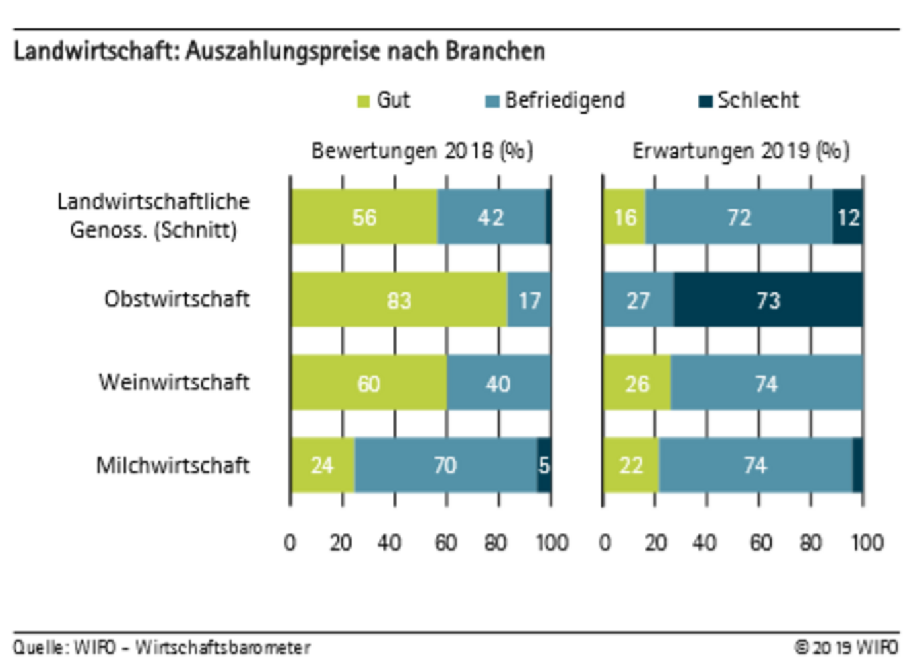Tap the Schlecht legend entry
click(750, 100)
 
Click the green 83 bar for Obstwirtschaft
click(399, 300)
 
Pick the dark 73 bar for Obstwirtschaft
click(768, 300)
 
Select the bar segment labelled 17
click(529, 300)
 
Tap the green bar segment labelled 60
click(369, 383)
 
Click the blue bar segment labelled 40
click(498, 383)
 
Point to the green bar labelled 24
click(323, 465)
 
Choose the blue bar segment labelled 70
click(445, 465)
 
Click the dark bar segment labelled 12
click(848, 217)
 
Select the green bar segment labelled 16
click(624, 217)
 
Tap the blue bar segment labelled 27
click(638, 300)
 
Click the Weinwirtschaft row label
click(174, 382)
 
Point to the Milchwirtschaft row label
click(173, 465)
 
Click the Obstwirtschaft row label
click(177, 299)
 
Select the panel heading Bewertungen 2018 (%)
click(422, 151)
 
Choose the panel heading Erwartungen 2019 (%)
click(741, 151)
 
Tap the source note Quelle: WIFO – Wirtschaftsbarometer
click(162, 647)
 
